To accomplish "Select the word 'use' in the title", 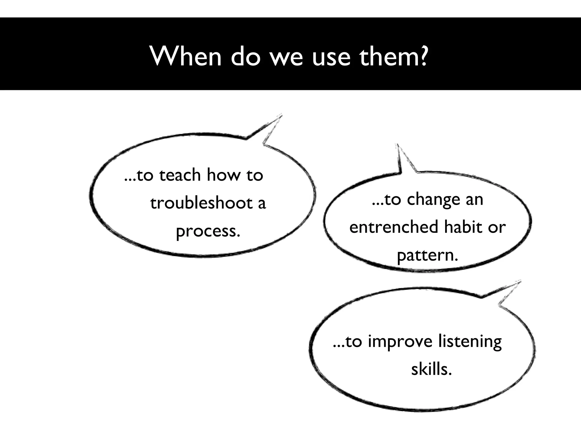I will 331,58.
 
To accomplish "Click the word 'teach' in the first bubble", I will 180,175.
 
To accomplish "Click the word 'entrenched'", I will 394,227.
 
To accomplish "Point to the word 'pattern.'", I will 427,255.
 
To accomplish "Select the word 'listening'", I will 470,342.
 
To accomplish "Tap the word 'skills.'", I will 431,369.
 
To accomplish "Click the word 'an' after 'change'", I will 474,200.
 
